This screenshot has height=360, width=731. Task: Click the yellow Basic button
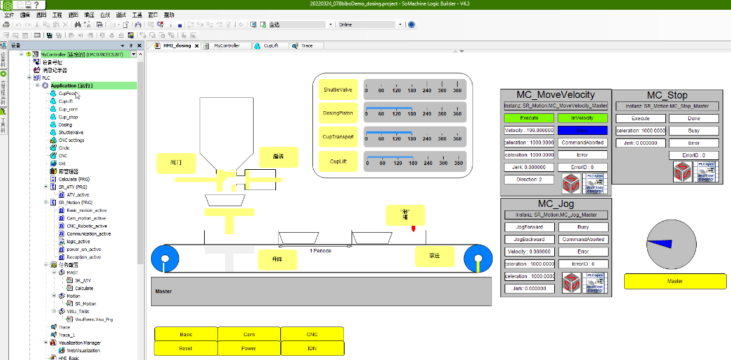click(186, 334)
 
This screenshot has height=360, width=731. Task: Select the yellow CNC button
click(312, 334)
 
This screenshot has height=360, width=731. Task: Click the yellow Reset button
click(186, 347)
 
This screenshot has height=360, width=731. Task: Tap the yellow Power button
click(249, 347)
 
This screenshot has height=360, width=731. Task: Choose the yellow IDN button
click(312, 347)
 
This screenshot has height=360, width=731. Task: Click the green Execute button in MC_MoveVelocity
click(528, 118)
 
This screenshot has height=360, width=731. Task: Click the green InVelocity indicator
click(582, 118)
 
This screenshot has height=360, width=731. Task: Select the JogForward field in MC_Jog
click(528, 226)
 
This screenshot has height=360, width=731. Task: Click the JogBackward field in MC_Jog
click(528, 239)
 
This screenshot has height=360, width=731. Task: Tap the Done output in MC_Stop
click(693, 118)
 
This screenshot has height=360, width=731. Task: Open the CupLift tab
click(270, 45)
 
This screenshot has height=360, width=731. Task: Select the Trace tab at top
click(307, 45)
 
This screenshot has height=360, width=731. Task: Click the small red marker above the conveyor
click(414, 229)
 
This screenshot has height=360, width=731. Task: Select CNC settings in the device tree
click(71, 140)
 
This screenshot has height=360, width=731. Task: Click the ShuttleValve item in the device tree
click(71, 132)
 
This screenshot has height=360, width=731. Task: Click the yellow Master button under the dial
click(674, 281)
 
